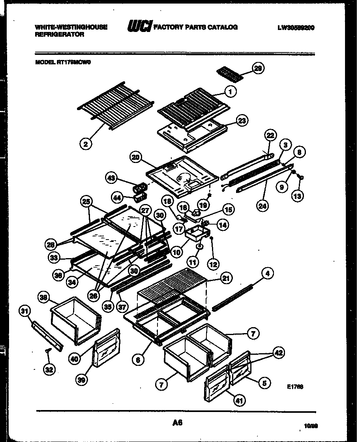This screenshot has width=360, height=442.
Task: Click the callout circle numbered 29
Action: click(259, 69)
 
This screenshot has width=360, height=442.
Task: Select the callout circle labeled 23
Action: click(242, 121)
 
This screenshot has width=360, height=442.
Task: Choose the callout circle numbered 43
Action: click(111, 179)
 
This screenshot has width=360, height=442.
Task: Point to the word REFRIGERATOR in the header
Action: click(60, 35)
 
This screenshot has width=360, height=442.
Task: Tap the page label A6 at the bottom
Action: click(177, 423)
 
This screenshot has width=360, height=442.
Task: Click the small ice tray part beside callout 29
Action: click(229, 74)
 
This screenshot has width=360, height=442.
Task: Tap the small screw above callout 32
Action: click(48, 350)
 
